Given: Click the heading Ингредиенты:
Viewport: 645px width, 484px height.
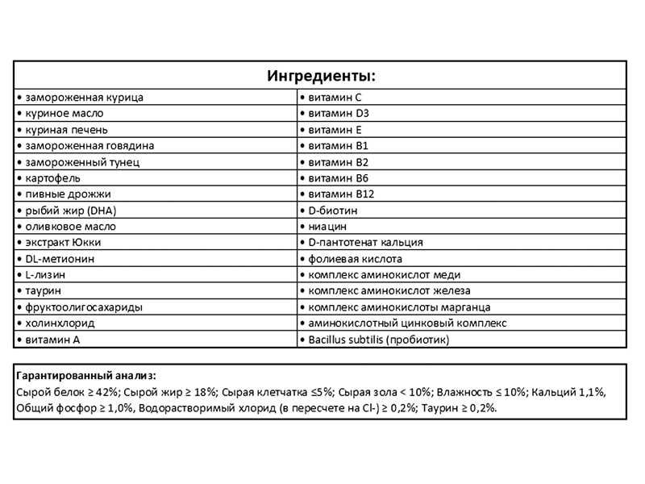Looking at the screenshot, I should pyautogui.click(x=321, y=77).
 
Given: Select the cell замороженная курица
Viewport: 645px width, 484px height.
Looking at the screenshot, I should pyautogui.click(x=80, y=97).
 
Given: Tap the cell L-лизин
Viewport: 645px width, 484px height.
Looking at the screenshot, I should pyautogui.click(x=45, y=275).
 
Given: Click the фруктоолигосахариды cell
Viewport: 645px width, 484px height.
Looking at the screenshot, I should pyautogui.click(x=77, y=307).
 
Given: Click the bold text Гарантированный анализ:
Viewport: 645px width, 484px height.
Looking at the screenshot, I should pyautogui.click(x=86, y=376).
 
